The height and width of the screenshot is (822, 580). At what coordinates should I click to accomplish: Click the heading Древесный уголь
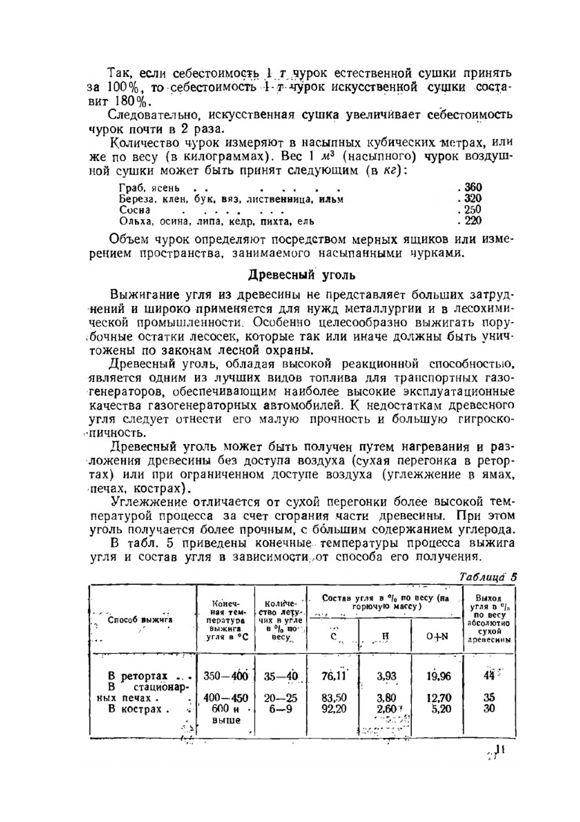[302, 274]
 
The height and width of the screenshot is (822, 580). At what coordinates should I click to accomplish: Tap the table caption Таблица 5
[487, 577]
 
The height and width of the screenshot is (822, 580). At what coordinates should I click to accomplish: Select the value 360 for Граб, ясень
[473, 187]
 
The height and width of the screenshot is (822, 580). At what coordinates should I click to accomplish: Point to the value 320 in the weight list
[473, 198]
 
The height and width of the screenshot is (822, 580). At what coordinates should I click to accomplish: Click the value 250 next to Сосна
[473, 210]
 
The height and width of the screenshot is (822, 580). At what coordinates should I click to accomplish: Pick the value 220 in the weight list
[473, 221]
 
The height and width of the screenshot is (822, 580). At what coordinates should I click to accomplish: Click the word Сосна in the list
[135, 210]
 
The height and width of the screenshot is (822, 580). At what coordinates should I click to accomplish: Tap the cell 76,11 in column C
[333, 676]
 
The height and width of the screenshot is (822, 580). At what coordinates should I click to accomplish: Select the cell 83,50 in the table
[333, 698]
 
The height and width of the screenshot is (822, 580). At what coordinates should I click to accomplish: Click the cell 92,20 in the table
[333, 708]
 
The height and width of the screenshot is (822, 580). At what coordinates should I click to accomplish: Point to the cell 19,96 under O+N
[438, 676]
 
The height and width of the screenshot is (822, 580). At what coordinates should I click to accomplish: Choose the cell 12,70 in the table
[438, 698]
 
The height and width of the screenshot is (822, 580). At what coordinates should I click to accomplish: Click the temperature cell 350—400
[226, 676]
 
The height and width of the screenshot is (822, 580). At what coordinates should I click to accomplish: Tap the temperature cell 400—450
[226, 698]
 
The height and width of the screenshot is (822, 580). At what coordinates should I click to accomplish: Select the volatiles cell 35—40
[281, 676]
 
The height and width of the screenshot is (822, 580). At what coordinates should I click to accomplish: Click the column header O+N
[437, 636]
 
